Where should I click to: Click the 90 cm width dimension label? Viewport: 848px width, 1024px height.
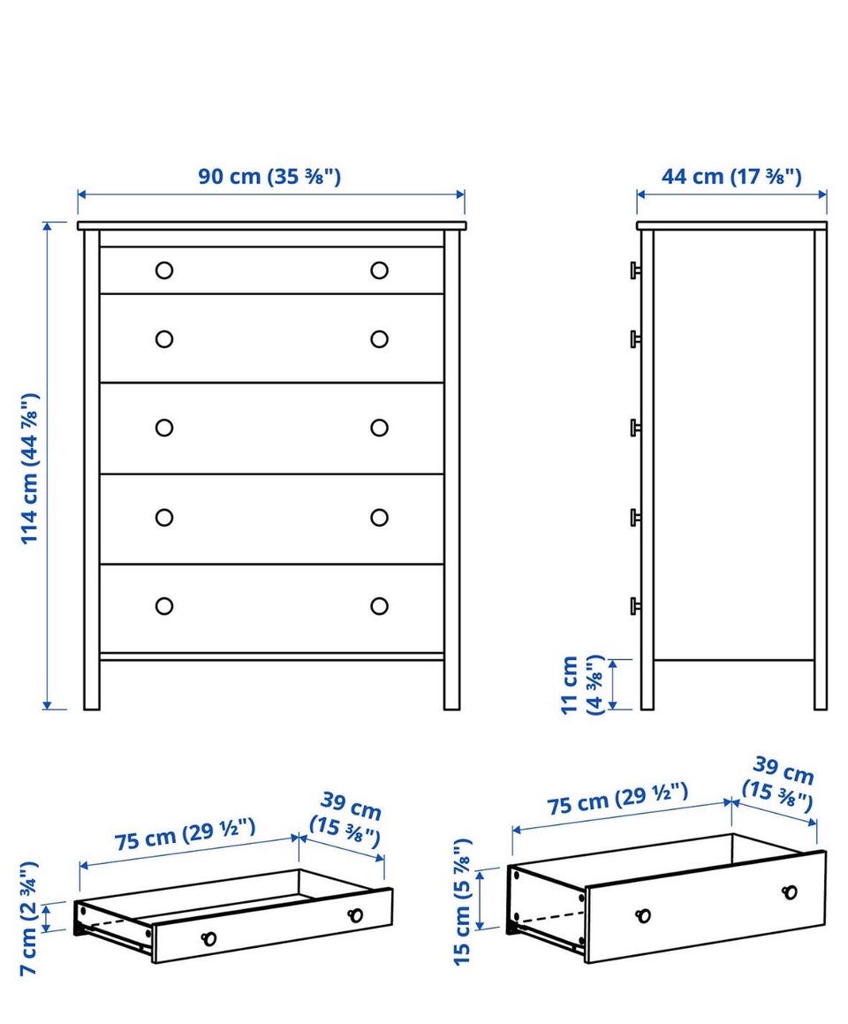269,177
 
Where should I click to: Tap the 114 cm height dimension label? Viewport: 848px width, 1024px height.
30,468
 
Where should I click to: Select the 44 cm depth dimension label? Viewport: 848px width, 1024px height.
731,177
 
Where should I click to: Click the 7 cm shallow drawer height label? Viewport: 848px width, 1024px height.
29,918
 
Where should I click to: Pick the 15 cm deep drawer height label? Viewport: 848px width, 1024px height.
462,901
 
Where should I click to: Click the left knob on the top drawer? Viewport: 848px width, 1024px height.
163,269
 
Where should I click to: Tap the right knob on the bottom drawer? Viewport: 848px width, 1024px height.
379,606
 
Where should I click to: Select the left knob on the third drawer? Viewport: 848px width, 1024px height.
163,428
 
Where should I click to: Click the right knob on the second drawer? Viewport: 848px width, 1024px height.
379,339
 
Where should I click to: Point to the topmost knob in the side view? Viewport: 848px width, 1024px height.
635,269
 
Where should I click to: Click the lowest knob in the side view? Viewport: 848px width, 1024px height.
635,606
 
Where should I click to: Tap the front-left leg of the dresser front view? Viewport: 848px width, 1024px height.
91,685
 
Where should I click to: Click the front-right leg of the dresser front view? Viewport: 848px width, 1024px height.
451,685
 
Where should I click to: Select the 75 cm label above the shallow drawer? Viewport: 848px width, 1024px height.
185,834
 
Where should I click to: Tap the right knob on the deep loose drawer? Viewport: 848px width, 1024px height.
790,892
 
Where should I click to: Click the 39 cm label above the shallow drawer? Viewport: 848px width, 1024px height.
346,818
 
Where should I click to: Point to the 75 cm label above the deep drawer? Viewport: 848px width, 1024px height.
617,799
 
